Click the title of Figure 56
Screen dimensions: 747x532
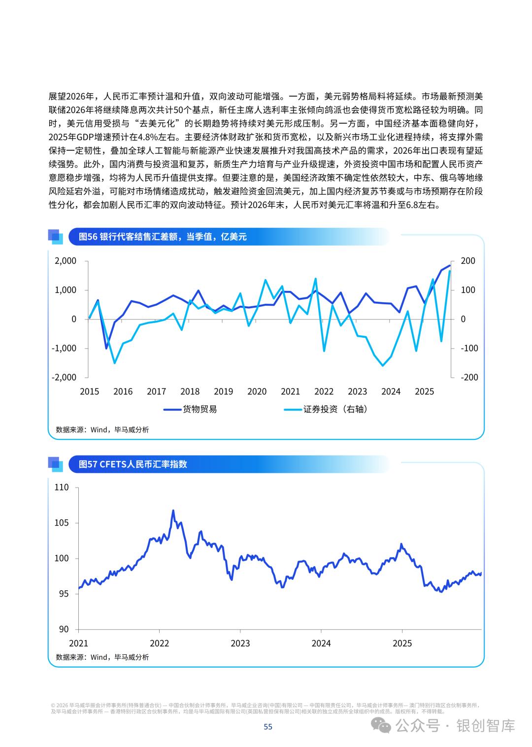click(x=163, y=237)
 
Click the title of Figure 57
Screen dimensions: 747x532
click(x=133, y=464)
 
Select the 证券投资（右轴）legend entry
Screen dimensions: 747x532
click(x=326, y=409)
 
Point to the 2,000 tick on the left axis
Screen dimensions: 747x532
click(x=66, y=261)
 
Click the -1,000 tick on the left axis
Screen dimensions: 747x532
click(x=64, y=348)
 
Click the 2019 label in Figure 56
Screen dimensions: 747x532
click(x=223, y=391)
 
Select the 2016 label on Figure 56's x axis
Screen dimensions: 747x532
click(x=123, y=391)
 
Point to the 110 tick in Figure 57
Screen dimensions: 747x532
click(x=62, y=487)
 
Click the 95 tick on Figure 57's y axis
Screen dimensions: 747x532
click(x=64, y=594)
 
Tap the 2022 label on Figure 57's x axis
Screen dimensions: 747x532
click(x=159, y=643)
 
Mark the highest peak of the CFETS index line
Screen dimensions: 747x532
click(x=173, y=510)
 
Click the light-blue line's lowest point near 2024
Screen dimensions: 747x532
click(x=383, y=365)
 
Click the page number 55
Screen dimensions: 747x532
click(x=268, y=726)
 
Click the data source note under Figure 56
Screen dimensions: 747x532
click(x=102, y=429)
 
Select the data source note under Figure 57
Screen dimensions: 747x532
click(x=102, y=657)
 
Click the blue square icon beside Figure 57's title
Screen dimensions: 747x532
click(x=56, y=464)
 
